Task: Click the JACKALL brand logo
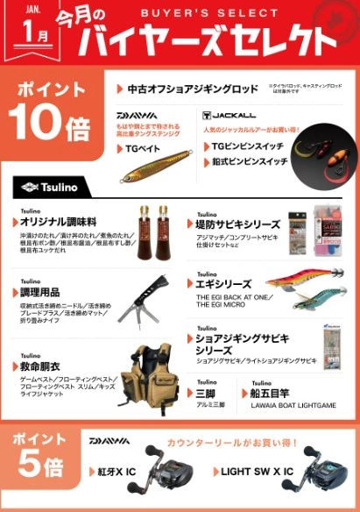click(227, 115)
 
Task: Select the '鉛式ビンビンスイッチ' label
click(253, 162)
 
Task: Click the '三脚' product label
click(207, 394)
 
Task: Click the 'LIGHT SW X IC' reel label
click(259, 471)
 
